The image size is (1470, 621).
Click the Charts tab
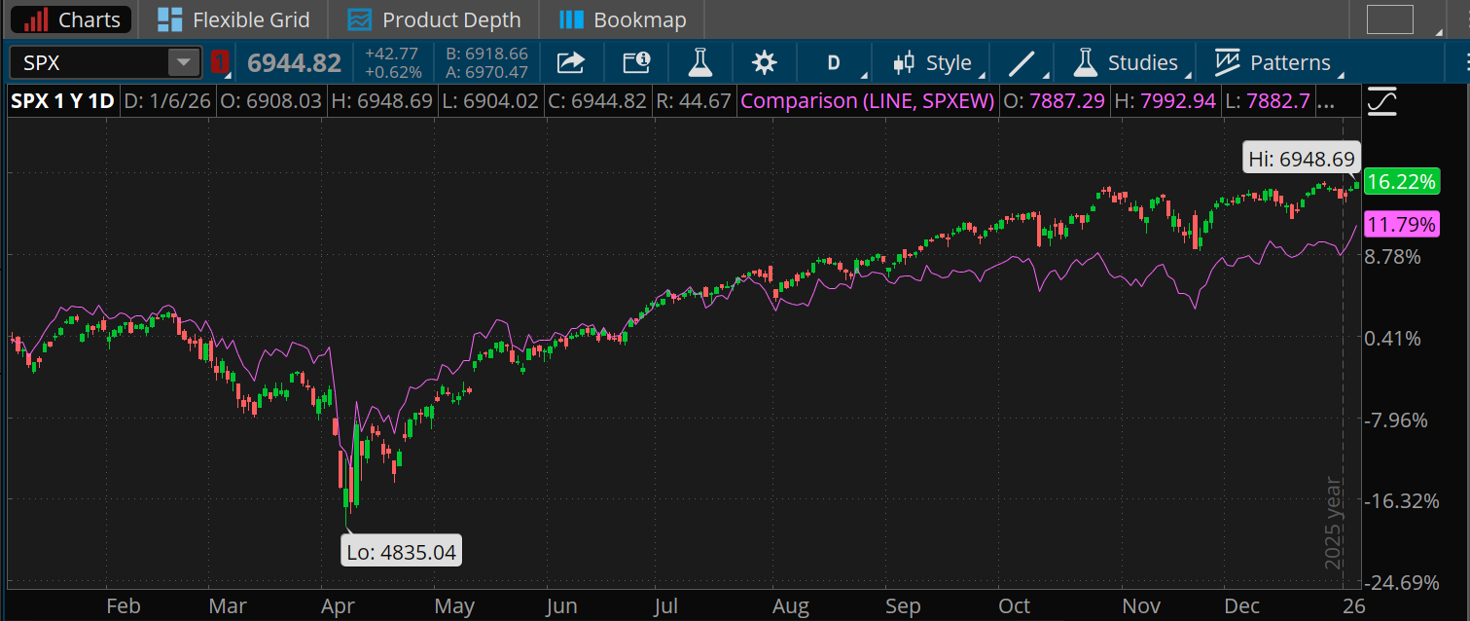[x=73, y=19]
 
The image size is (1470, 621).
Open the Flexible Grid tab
[x=233, y=19]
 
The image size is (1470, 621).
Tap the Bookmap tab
[x=624, y=19]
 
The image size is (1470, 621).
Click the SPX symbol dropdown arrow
[x=183, y=63]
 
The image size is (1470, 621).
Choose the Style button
[x=933, y=63]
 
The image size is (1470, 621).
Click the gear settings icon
[x=765, y=63]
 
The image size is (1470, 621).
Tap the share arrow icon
[x=570, y=63]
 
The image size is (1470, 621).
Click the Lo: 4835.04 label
[x=401, y=552]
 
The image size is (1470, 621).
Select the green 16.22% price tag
[x=1400, y=182]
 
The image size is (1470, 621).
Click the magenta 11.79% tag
[x=1400, y=226]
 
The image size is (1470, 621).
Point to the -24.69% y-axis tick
[x=1403, y=583]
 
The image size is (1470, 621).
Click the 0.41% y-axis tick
[x=1393, y=339]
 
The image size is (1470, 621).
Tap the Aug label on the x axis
[x=790, y=606]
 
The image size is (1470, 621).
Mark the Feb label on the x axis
[x=124, y=606]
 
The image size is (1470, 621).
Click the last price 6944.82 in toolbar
[x=294, y=63]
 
